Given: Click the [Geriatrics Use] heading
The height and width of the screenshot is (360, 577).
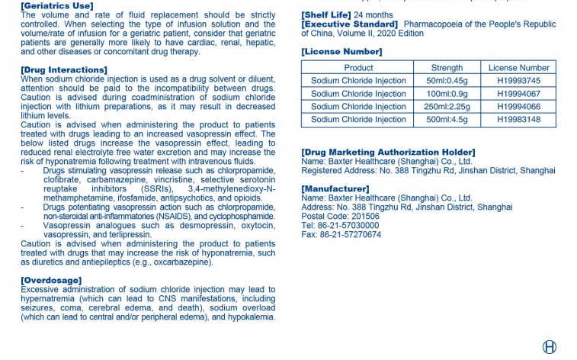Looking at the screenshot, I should click(57, 6).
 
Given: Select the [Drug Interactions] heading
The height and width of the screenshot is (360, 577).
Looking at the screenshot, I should click(62, 70).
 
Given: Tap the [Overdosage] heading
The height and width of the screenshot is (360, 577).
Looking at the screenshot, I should click(51, 281).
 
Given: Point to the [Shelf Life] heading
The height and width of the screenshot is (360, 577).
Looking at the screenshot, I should click(327, 14).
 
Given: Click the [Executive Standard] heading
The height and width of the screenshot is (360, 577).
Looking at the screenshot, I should click(349, 24).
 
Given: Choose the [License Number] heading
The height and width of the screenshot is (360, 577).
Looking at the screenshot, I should click(341, 52).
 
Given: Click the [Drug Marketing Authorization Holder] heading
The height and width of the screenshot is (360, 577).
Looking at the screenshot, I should click(388, 153).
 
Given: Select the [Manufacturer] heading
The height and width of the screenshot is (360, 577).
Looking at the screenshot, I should click(335, 188).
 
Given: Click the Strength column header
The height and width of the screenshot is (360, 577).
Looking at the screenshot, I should click(447, 68).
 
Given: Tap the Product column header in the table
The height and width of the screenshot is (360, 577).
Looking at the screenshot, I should click(358, 68).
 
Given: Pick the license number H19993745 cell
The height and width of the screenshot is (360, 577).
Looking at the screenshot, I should click(518, 81).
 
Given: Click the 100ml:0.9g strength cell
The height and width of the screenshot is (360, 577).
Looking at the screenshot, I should click(447, 94).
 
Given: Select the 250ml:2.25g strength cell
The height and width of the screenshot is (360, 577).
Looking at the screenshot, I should click(447, 107).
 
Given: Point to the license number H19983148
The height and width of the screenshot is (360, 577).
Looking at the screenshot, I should click(518, 120).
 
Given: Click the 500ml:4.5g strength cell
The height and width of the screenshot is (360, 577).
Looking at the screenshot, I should click(447, 120).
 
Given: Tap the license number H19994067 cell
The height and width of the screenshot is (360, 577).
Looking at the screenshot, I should click(518, 94).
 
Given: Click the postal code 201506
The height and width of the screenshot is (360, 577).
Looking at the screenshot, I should click(364, 217).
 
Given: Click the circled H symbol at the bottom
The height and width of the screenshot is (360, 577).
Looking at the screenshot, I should click(549, 347).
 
